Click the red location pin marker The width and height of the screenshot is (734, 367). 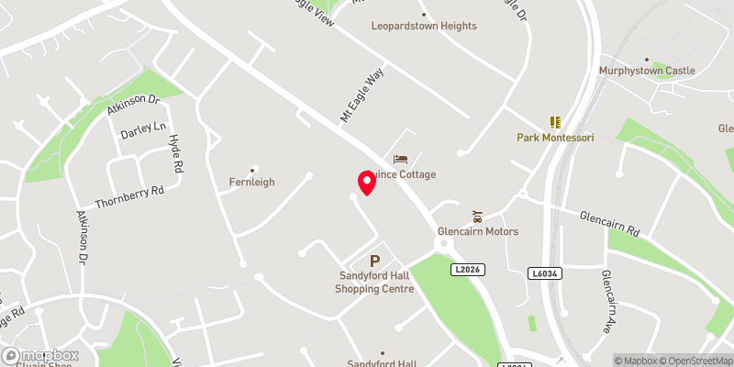click(367, 182)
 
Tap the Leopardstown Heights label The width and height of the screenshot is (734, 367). click(424, 26)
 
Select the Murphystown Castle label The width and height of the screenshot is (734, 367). click(646, 71)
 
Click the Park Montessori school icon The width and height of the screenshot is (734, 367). click(554, 121)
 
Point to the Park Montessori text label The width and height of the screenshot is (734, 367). click(555, 138)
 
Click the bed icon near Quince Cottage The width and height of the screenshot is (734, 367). click(400, 160)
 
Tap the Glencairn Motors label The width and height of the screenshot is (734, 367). click(478, 231)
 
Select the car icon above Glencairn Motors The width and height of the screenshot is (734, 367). click(477, 217)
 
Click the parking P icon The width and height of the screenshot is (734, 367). click(374, 261)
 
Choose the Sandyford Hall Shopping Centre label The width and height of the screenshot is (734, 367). click(374, 283)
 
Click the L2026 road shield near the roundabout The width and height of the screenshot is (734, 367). click(468, 269)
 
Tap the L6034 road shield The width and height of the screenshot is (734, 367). click(545, 272)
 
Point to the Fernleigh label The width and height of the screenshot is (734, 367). click(252, 183)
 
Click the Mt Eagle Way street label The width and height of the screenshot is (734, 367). click(361, 96)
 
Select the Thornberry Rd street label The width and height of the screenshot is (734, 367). click(129, 196)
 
